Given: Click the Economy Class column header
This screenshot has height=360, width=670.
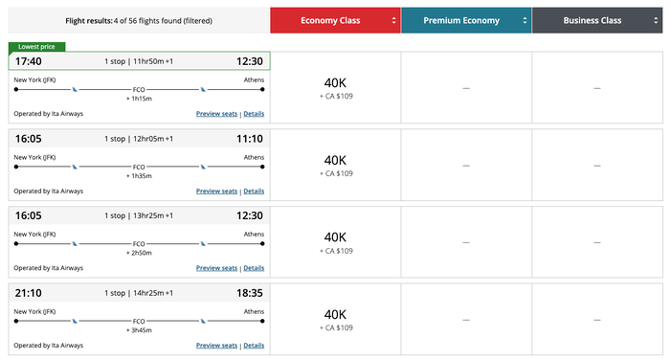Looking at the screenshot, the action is click(x=335, y=20).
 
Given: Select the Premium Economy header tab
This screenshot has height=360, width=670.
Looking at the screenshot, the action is click(x=466, y=20).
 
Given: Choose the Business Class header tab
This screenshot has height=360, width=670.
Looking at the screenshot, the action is click(x=597, y=20).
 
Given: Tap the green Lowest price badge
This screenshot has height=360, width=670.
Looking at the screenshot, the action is click(x=36, y=47).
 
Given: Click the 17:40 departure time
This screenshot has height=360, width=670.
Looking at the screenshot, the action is click(x=28, y=61).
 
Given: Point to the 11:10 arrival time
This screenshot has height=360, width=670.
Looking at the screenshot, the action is click(x=250, y=139).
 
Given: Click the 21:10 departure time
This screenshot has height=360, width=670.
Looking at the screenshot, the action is click(x=28, y=293).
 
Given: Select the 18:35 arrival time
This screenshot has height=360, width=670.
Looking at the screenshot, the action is click(x=250, y=293).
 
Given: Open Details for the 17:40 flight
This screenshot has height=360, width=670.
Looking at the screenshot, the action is click(x=254, y=114).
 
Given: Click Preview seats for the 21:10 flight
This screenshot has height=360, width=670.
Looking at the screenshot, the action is click(x=216, y=346).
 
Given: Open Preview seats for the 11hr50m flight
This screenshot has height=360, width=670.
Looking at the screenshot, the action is click(x=216, y=114).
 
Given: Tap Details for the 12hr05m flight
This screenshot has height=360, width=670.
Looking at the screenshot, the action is click(x=254, y=191).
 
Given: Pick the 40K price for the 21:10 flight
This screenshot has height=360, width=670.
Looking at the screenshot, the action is click(x=335, y=315).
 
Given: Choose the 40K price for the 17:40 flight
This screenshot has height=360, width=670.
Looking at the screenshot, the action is click(x=335, y=83).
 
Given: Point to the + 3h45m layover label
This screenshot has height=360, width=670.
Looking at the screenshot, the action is click(x=139, y=330).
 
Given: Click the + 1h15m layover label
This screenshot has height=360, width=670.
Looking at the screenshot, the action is click(x=139, y=99).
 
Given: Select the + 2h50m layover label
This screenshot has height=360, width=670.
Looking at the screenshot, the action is click(x=139, y=253).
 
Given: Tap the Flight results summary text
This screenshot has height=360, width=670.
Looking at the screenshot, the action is click(x=139, y=20).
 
